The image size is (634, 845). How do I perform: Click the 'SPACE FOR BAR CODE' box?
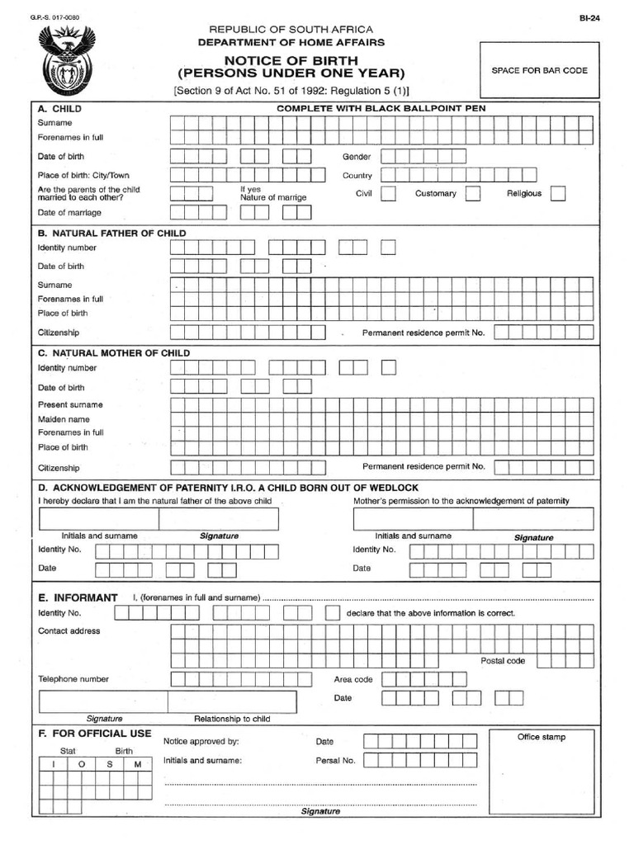coord(539,71)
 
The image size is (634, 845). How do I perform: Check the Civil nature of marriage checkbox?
coord(388,194)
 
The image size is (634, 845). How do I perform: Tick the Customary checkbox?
coord(473,194)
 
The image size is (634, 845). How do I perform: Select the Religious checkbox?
coord(558,194)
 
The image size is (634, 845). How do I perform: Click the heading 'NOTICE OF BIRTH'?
coord(298,61)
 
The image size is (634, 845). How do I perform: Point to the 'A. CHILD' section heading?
coord(59,109)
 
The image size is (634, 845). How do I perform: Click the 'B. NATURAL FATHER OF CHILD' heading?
coord(111,234)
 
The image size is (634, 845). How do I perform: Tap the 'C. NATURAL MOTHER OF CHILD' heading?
coord(114,353)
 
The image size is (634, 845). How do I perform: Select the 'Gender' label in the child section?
coord(357,157)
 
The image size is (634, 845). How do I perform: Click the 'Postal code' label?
coord(503,661)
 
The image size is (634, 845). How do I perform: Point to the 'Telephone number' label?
coord(73,679)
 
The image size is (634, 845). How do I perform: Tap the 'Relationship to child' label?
coord(232,719)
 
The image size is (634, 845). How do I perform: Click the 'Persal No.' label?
coord(335,761)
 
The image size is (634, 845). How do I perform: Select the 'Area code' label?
coord(353,680)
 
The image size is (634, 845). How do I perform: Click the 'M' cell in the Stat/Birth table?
coord(138,765)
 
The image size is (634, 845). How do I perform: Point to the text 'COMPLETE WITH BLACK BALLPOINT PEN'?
coord(381,109)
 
